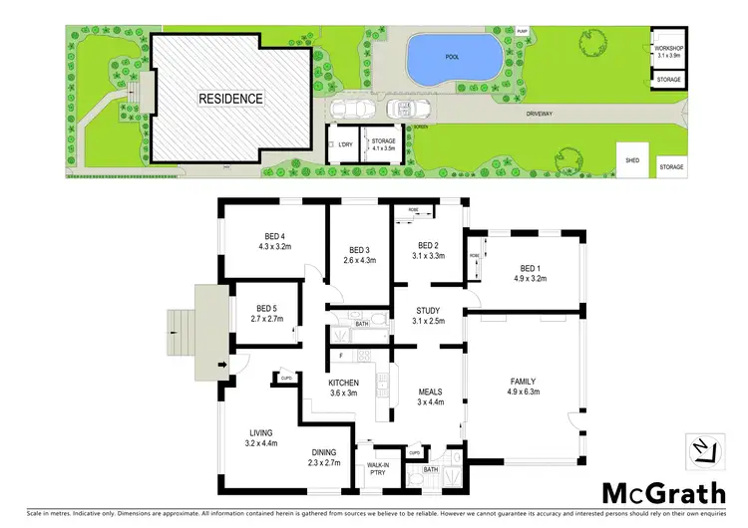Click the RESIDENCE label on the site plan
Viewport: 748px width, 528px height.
(229, 99)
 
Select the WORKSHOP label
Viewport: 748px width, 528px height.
(667, 48)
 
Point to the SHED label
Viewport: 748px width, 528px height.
(632, 159)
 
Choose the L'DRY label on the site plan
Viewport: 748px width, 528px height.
(345, 146)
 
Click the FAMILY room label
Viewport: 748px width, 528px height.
(523, 381)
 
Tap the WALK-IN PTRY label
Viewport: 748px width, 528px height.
(379, 469)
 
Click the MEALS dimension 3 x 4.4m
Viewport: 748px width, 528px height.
(431, 402)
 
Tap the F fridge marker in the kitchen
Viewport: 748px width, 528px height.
(342, 356)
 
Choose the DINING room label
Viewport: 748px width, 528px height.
(324, 451)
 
